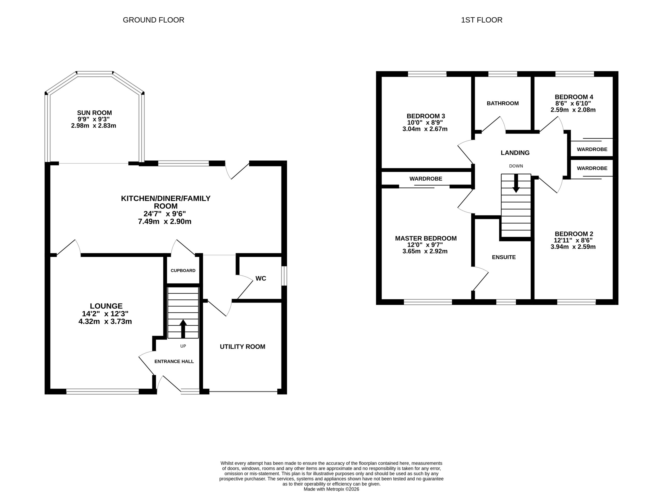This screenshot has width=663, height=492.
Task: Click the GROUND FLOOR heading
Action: point(154,20)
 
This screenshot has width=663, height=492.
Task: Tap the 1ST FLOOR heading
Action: point(481,20)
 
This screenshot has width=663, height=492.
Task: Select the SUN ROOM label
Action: point(94,113)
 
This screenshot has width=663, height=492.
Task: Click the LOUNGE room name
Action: point(106,306)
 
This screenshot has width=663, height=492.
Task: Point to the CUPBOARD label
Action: point(183,270)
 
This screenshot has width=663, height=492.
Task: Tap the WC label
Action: point(261,278)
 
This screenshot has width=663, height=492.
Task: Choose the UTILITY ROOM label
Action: point(242,347)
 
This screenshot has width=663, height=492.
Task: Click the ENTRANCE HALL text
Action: point(174,362)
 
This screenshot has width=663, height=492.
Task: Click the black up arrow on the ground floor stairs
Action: point(183,329)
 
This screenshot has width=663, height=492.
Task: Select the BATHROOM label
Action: point(503,103)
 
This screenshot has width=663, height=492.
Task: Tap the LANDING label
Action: point(515,153)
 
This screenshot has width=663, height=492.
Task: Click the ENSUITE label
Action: point(504,257)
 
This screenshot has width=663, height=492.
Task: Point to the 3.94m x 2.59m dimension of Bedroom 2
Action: point(573,247)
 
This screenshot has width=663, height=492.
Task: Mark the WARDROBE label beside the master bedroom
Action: point(426,179)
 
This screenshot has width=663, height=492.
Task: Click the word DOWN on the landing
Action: point(516,166)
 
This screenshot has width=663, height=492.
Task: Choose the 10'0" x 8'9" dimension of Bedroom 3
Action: point(425,122)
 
